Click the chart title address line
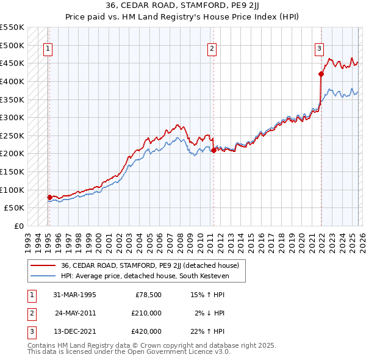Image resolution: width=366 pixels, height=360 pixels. [183, 7]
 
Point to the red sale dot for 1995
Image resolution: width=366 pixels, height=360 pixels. [49, 197]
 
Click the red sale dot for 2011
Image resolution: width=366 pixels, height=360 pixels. [213, 150]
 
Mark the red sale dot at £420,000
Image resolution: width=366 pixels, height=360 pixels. [321, 74]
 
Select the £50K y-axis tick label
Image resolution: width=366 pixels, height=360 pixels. [14, 208]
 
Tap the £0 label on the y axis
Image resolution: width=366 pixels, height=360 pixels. [18, 226]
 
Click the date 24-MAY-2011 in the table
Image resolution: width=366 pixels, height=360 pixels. [76, 313]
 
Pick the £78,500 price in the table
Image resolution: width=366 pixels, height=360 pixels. [148, 295]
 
